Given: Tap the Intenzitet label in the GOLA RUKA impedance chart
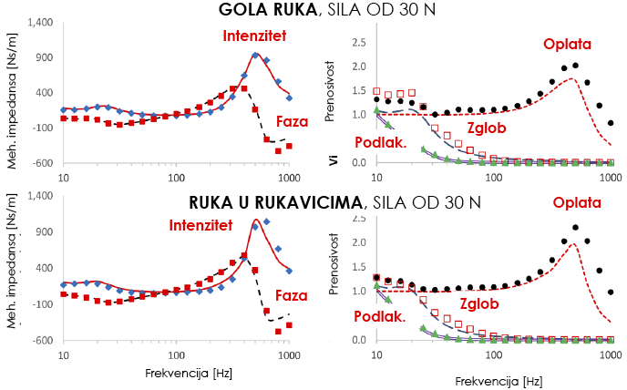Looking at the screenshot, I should pyautogui.click(x=255, y=37).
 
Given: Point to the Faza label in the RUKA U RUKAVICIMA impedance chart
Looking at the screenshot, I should pyautogui.click(x=292, y=296).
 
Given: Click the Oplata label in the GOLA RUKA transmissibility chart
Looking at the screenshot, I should pyautogui.click(x=567, y=44).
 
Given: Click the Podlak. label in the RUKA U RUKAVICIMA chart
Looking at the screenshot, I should pyautogui.click(x=355, y=316).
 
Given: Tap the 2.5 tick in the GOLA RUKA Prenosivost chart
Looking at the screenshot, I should pyautogui.click(x=358, y=42).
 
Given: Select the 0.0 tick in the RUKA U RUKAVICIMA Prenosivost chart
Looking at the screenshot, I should pyautogui.click(x=358, y=340).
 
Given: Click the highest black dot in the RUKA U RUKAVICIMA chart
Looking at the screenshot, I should pyautogui.click(x=576, y=228).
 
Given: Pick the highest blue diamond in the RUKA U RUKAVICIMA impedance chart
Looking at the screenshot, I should pyautogui.click(x=267, y=221).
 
